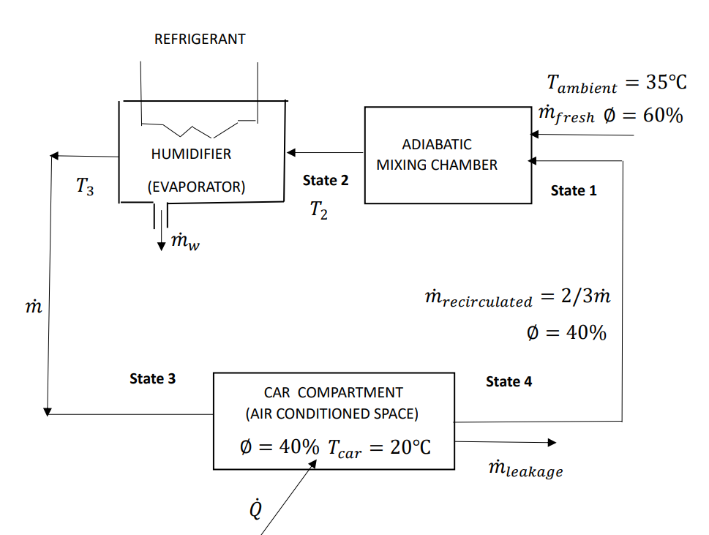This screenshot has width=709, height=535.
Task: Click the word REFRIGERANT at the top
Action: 200,40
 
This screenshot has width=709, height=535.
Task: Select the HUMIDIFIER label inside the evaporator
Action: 191,154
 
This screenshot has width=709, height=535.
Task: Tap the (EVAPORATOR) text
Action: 196,187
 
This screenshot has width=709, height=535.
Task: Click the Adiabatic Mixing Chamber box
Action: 448,154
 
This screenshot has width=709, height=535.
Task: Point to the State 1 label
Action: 574,190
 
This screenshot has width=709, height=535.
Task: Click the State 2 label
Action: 326,180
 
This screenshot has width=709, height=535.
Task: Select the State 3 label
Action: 152,378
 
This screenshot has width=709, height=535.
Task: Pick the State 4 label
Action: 509,381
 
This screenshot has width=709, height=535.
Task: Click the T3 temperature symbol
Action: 85,187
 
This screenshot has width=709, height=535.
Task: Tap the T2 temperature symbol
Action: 318,210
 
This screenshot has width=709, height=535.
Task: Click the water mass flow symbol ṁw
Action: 184,242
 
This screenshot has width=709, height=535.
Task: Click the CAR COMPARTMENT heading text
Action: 333,392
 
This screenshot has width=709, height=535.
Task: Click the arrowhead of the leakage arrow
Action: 551,442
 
